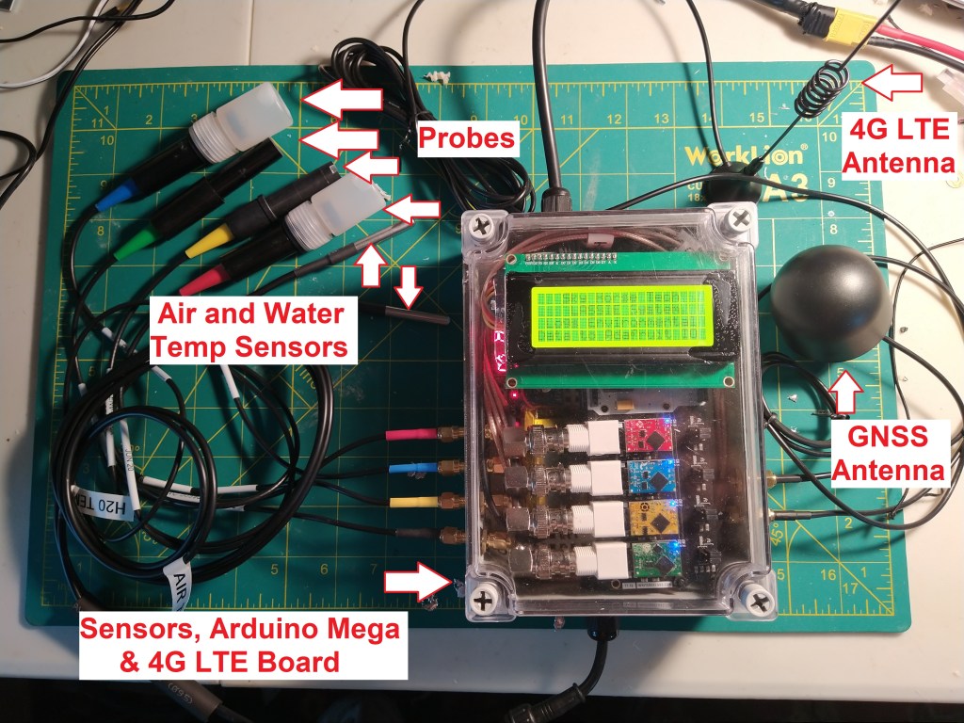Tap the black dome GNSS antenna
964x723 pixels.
(x=824, y=307)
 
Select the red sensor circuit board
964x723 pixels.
(x=645, y=435)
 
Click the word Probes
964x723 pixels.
(x=468, y=139)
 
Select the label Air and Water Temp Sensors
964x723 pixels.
(x=249, y=329)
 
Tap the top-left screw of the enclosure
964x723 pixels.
(x=484, y=227)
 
